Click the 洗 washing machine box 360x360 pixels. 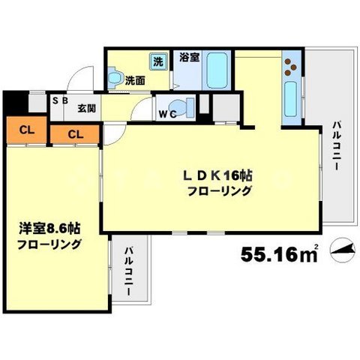[x=158, y=60]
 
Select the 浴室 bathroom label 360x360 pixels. [x=188, y=57]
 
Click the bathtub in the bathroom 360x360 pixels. [x=217, y=71]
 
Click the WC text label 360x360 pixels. [x=168, y=115]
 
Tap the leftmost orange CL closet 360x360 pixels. [x=25, y=130]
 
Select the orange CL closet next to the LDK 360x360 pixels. [x=74, y=134]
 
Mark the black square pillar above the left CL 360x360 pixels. [x=13, y=103]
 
